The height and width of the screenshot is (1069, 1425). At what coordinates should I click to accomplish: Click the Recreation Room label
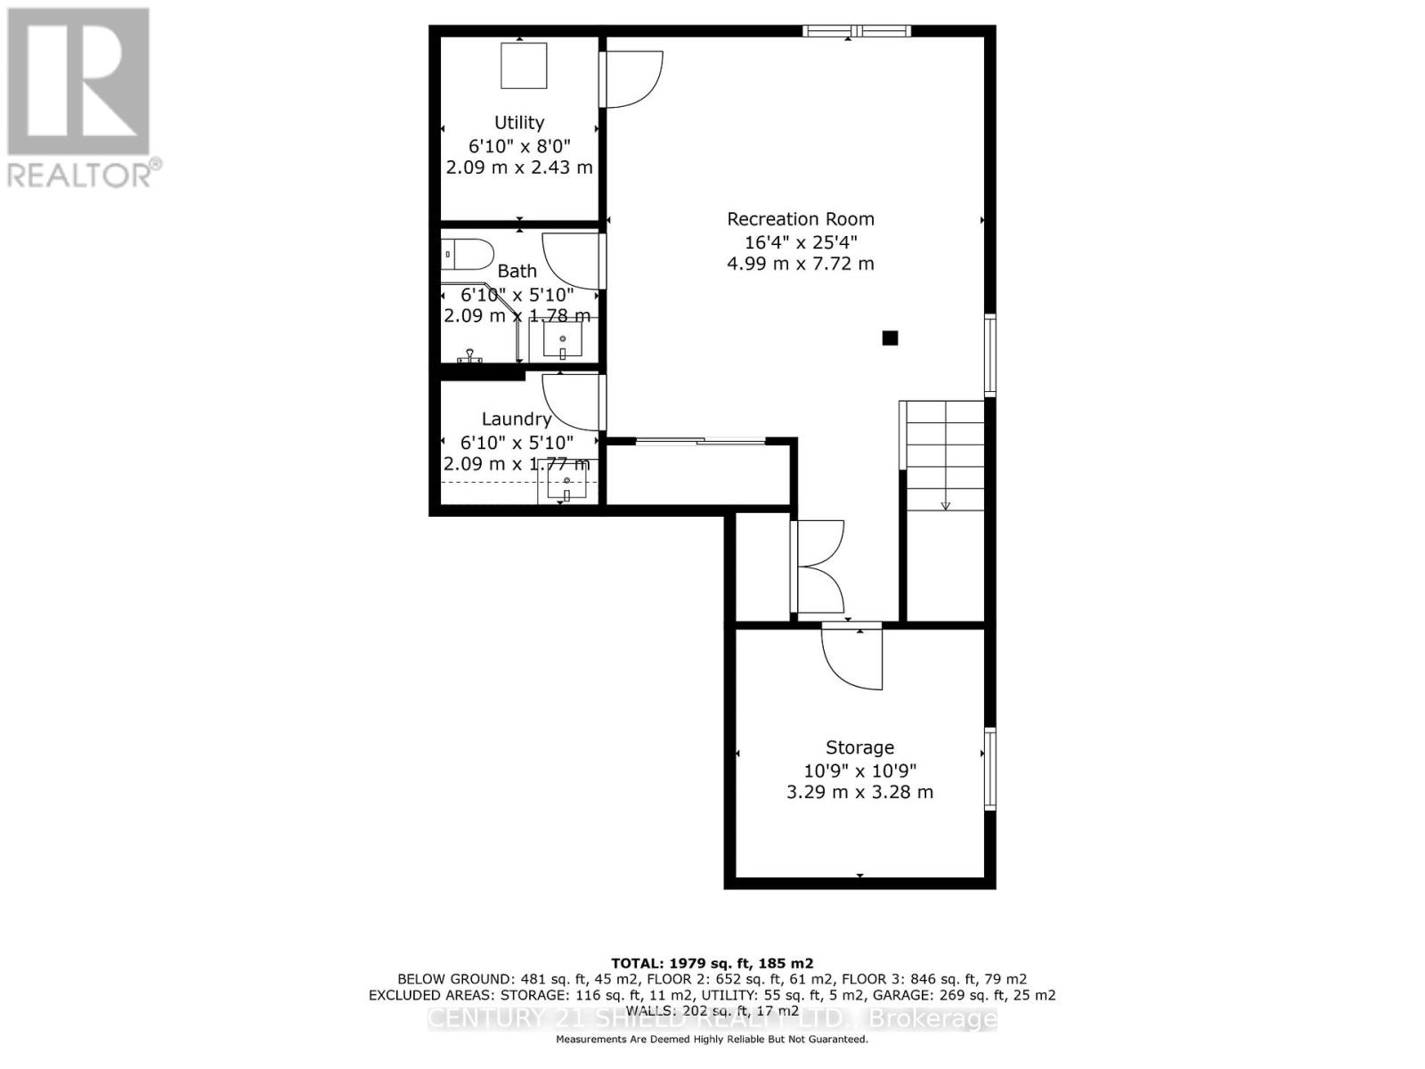click(x=801, y=219)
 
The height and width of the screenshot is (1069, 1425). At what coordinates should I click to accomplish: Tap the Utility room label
click(x=519, y=123)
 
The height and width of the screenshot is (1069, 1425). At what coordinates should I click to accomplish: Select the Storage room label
click(x=859, y=747)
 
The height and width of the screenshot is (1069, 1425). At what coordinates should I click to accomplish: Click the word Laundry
click(x=517, y=419)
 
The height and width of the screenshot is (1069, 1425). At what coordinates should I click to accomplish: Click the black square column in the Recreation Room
click(x=890, y=338)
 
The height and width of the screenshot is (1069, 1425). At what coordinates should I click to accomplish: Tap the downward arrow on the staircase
click(x=946, y=504)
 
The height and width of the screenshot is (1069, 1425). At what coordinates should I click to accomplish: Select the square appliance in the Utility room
click(x=524, y=65)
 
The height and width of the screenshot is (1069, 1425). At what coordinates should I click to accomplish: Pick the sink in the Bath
click(x=563, y=340)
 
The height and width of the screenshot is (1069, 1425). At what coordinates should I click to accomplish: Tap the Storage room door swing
click(x=852, y=657)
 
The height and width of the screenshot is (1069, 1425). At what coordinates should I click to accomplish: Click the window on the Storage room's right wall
click(x=989, y=768)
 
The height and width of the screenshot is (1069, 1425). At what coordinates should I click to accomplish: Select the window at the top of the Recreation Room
click(x=856, y=32)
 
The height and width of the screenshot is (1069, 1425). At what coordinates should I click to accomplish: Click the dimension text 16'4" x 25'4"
click(x=801, y=241)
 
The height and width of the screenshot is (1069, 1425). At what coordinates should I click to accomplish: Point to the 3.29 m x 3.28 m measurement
click(x=859, y=792)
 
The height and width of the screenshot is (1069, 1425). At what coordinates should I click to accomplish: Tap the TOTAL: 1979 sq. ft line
click(x=712, y=963)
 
